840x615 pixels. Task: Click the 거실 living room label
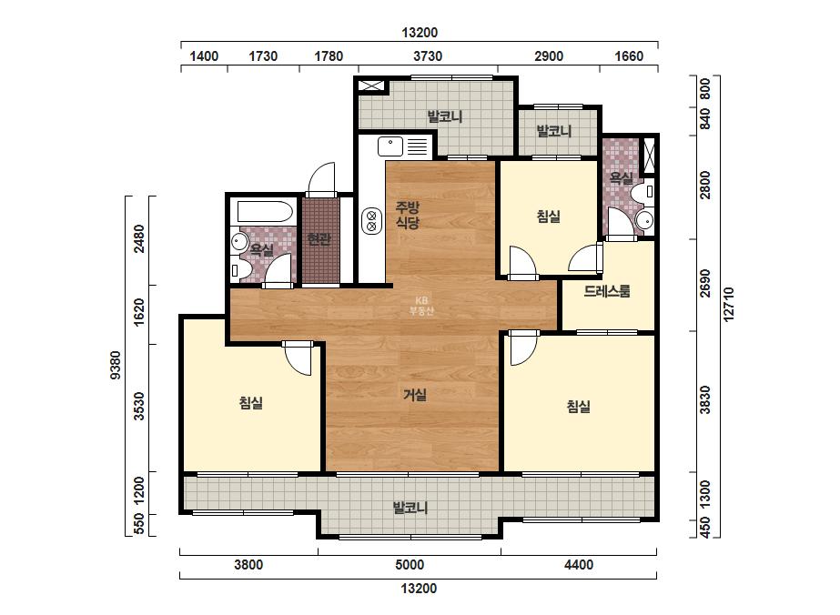(x=415, y=396)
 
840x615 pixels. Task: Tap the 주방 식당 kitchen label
(x=407, y=215)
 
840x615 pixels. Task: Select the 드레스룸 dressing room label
(x=607, y=291)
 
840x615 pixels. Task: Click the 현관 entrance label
(x=319, y=239)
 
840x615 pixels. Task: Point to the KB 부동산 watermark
(x=420, y=306)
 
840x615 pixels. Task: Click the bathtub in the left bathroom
(x=265, y=212)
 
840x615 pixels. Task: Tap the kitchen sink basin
(x=390, y=146)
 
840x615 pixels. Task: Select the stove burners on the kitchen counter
(x=371, y=221)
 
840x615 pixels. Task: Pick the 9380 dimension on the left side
(x=116, y=366)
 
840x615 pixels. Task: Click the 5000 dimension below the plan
(x=410, y=565)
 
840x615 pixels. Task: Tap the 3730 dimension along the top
(x=428, y=56)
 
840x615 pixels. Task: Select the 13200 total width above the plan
(x=420, y=33)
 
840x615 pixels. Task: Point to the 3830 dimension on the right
(x=705, y=399)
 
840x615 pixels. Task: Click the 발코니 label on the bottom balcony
(x=410, y=508)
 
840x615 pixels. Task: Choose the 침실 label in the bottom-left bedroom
(x=250, y=403)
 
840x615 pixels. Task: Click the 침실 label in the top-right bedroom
(x=549, y=217)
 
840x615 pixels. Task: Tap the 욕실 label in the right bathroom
(x=622, y=177)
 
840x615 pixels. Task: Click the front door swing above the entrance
(x=321, y=179)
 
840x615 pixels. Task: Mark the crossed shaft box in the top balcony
(x=371, y=86)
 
